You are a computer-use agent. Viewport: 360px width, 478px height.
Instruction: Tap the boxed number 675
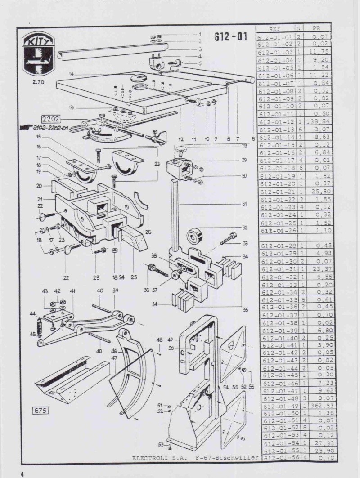(40, 410)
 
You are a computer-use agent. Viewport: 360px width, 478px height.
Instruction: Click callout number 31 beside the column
(245, 204)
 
